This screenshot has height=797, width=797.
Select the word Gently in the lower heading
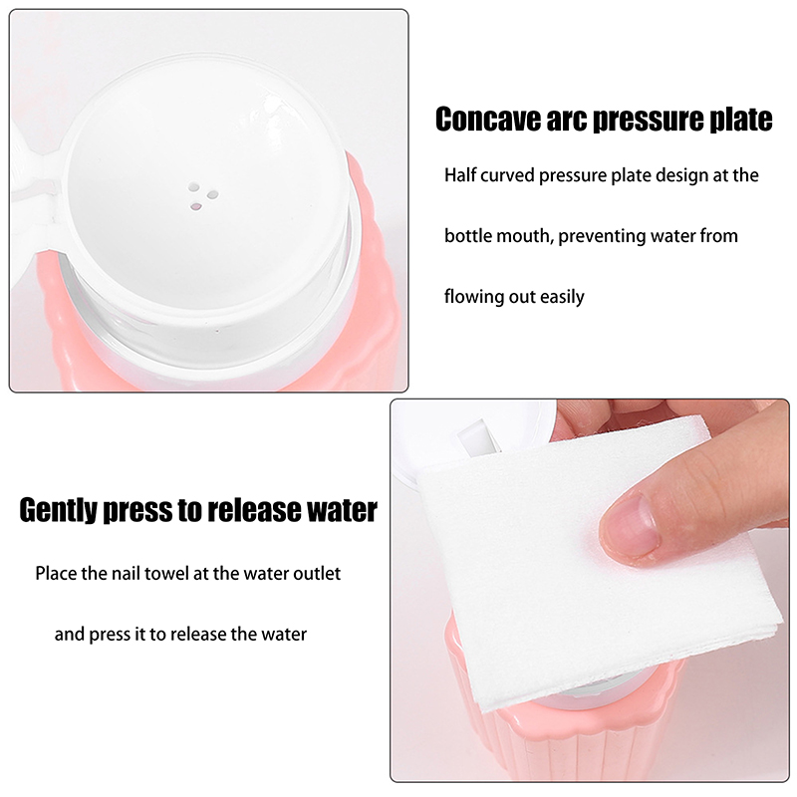[59, 510]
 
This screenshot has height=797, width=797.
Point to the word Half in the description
[460, 175]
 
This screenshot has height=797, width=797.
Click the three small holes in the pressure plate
[202, 195]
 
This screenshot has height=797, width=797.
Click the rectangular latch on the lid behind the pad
[478, 437]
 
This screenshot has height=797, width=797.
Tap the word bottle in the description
[468, 236]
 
